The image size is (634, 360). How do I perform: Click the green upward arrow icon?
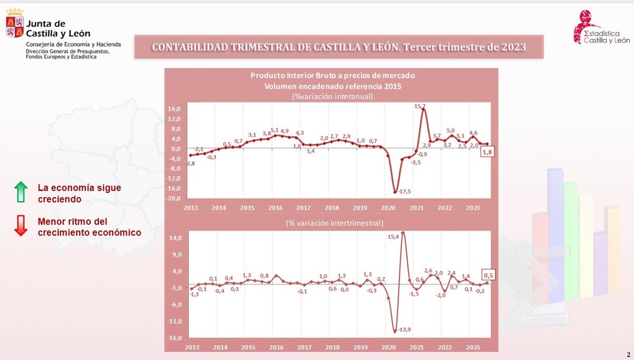[x=21, y=192]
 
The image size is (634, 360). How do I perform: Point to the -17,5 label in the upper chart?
[x=404, y=191]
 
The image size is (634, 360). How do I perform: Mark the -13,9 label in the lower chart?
[x=404, y=329]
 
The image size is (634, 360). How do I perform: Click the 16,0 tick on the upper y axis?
[x=174, y=109]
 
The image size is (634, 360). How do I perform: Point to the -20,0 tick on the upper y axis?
[x=173, y=198]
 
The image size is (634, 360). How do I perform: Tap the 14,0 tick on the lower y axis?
[x=174, y=238]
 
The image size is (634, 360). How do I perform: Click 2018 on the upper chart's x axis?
[x=331, y=208]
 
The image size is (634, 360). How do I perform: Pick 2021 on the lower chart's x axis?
[x=416, y=347]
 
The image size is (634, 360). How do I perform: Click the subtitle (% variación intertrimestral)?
[x=334, y=223]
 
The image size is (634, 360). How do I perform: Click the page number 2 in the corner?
[x=628, y=354]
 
